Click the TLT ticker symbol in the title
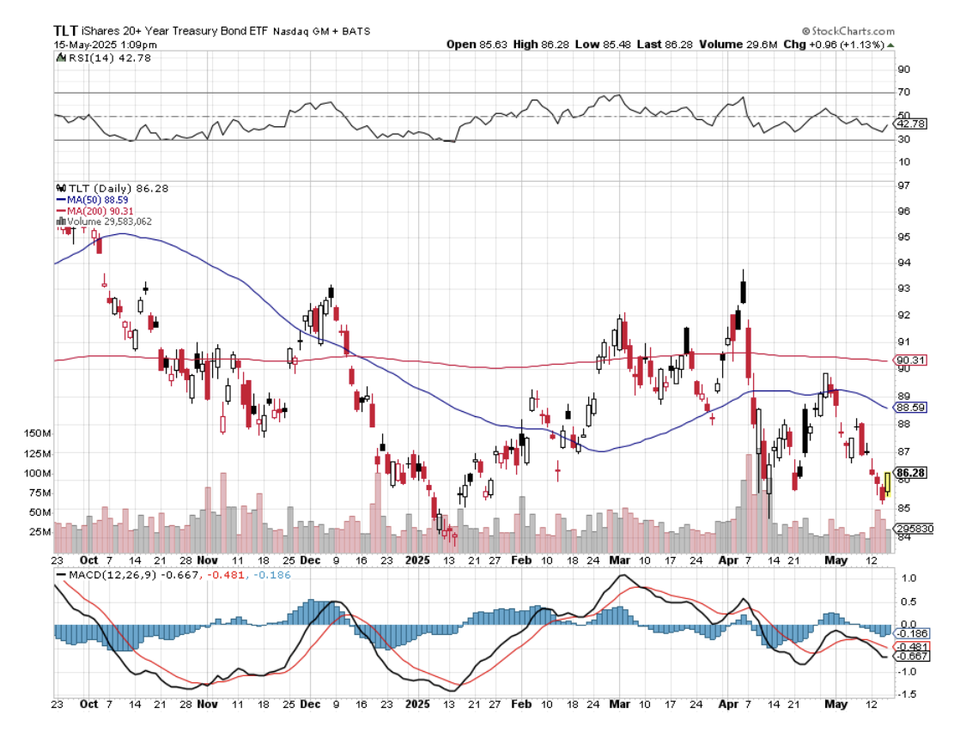click(x=67, y=30)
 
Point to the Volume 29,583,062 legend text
click(x=108, y=221)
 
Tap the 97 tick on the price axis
click(x=902, y=186)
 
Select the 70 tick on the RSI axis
click(x=902, y=92)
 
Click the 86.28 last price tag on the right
click(x=910, y=473)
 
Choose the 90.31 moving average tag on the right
click(x=910, y=360)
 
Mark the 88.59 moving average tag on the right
click(x=910, y=408)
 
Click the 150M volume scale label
click(x=38, y=433)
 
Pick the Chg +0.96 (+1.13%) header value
click(x=841, y=44)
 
